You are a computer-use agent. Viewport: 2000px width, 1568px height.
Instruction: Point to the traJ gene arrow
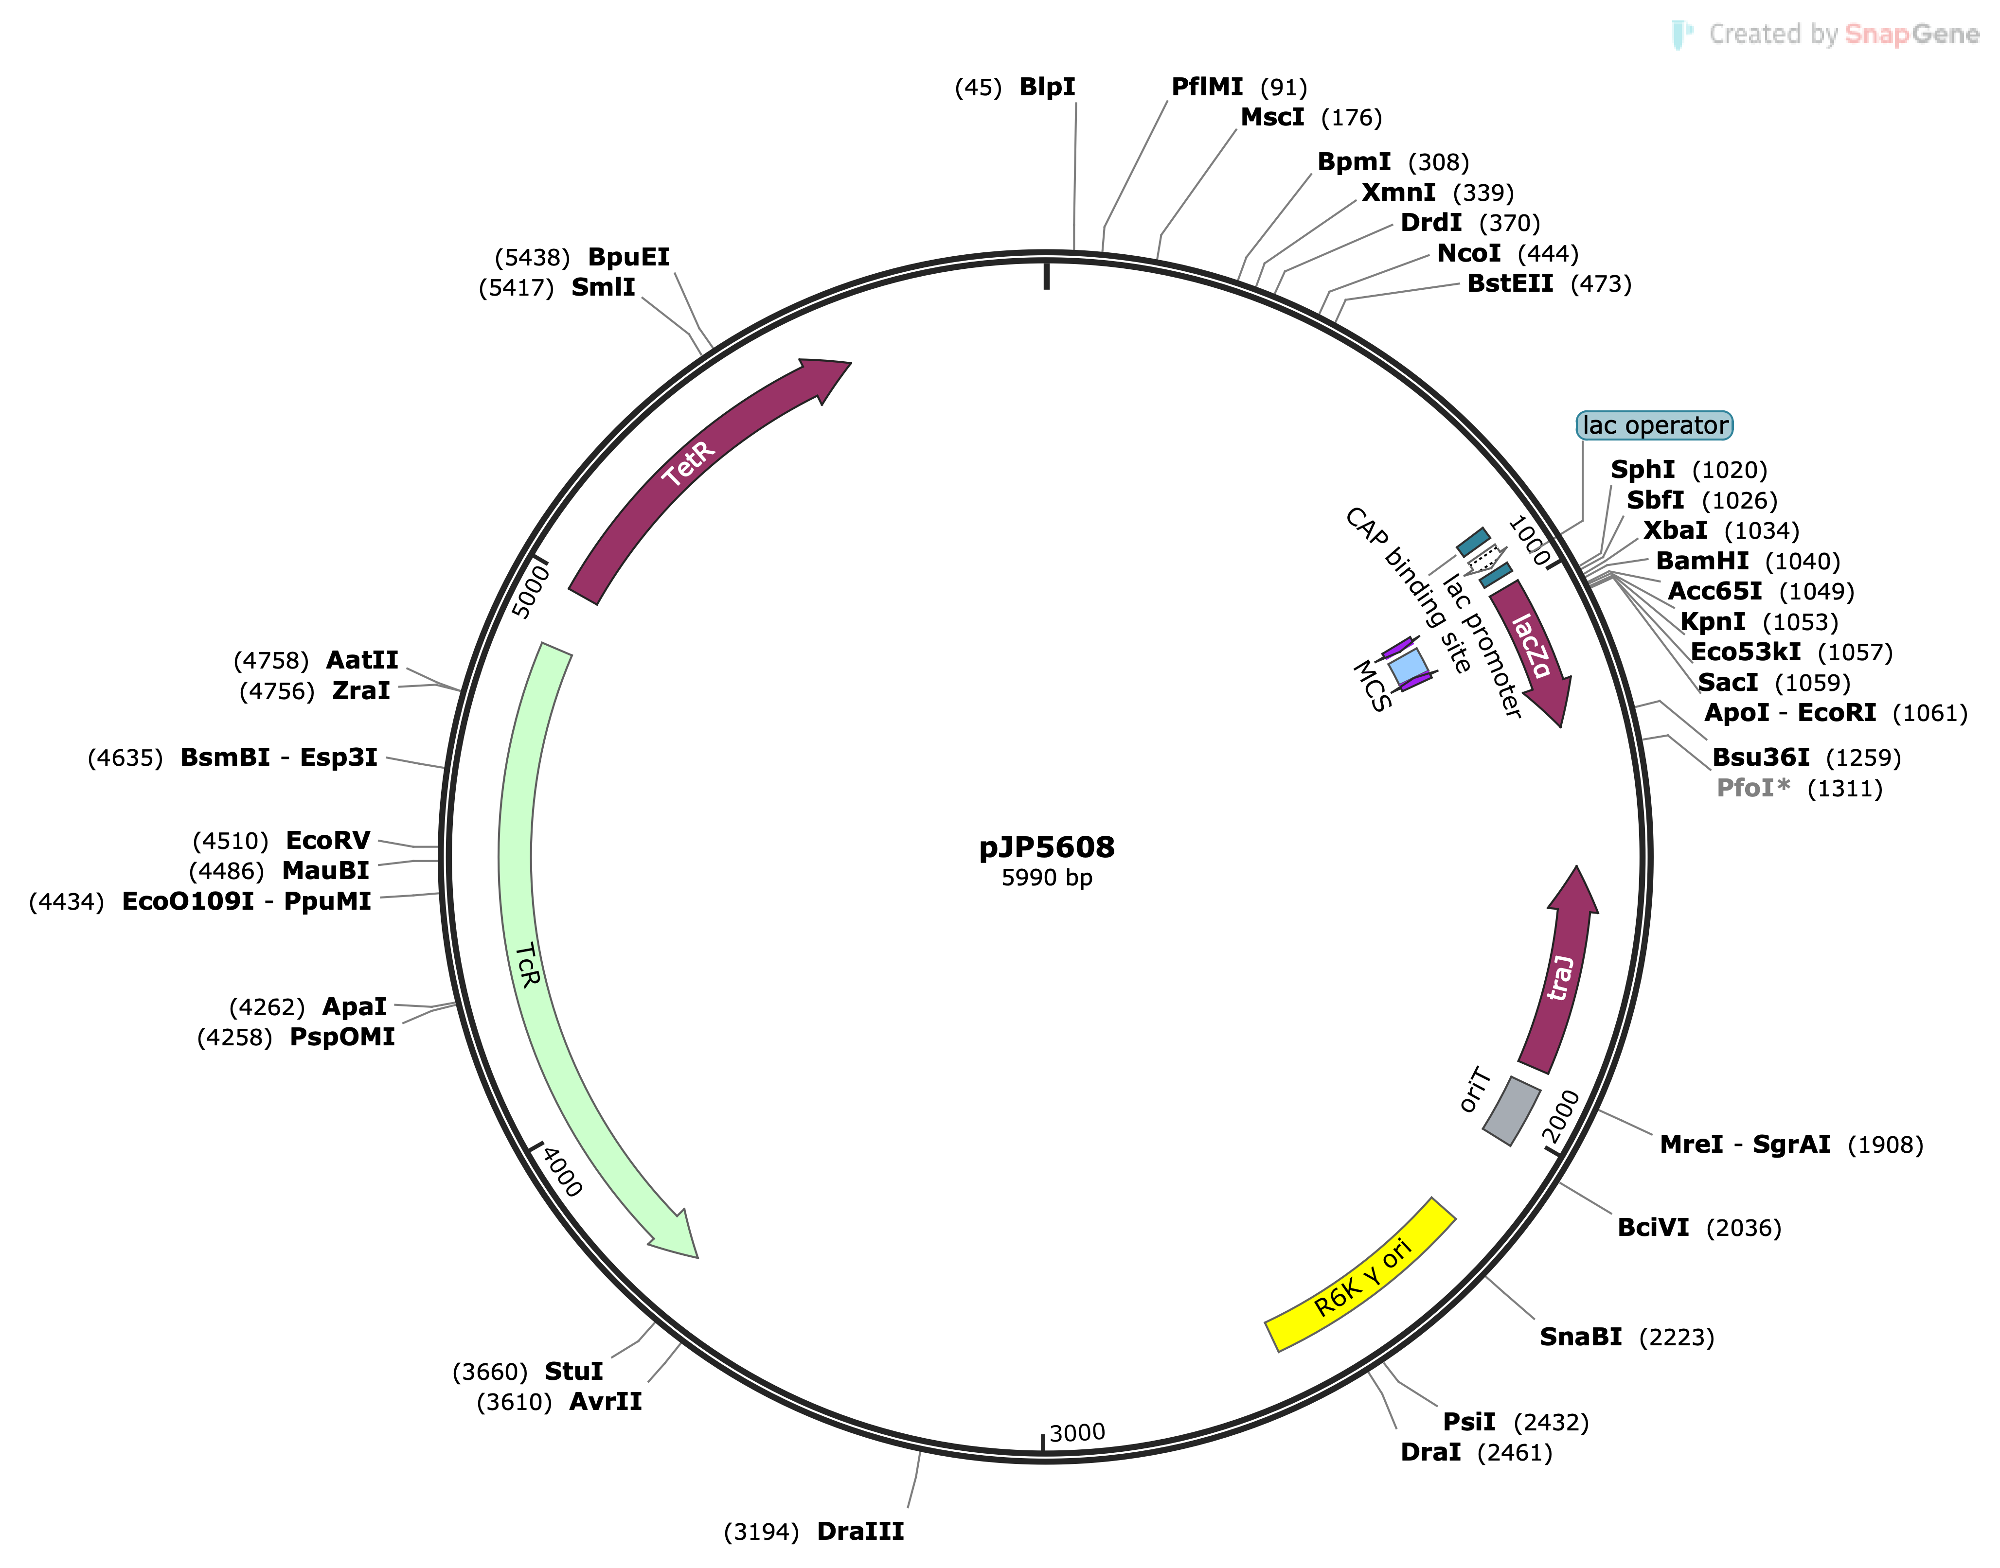pos(1561,973)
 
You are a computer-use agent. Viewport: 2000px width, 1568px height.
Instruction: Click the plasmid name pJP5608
pos(1047,846)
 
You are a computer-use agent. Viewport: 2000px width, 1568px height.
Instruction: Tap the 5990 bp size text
pos(1047,878)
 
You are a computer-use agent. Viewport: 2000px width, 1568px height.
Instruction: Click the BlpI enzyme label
pos(1047,87)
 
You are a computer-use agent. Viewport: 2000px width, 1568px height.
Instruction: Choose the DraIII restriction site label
pos(860,1531)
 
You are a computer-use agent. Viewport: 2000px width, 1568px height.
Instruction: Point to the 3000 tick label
pos(1077,1433)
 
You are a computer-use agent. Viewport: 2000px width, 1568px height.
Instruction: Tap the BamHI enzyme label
pos(1701,561)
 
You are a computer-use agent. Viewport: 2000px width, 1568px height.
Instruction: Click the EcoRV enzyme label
pos(328,840)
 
